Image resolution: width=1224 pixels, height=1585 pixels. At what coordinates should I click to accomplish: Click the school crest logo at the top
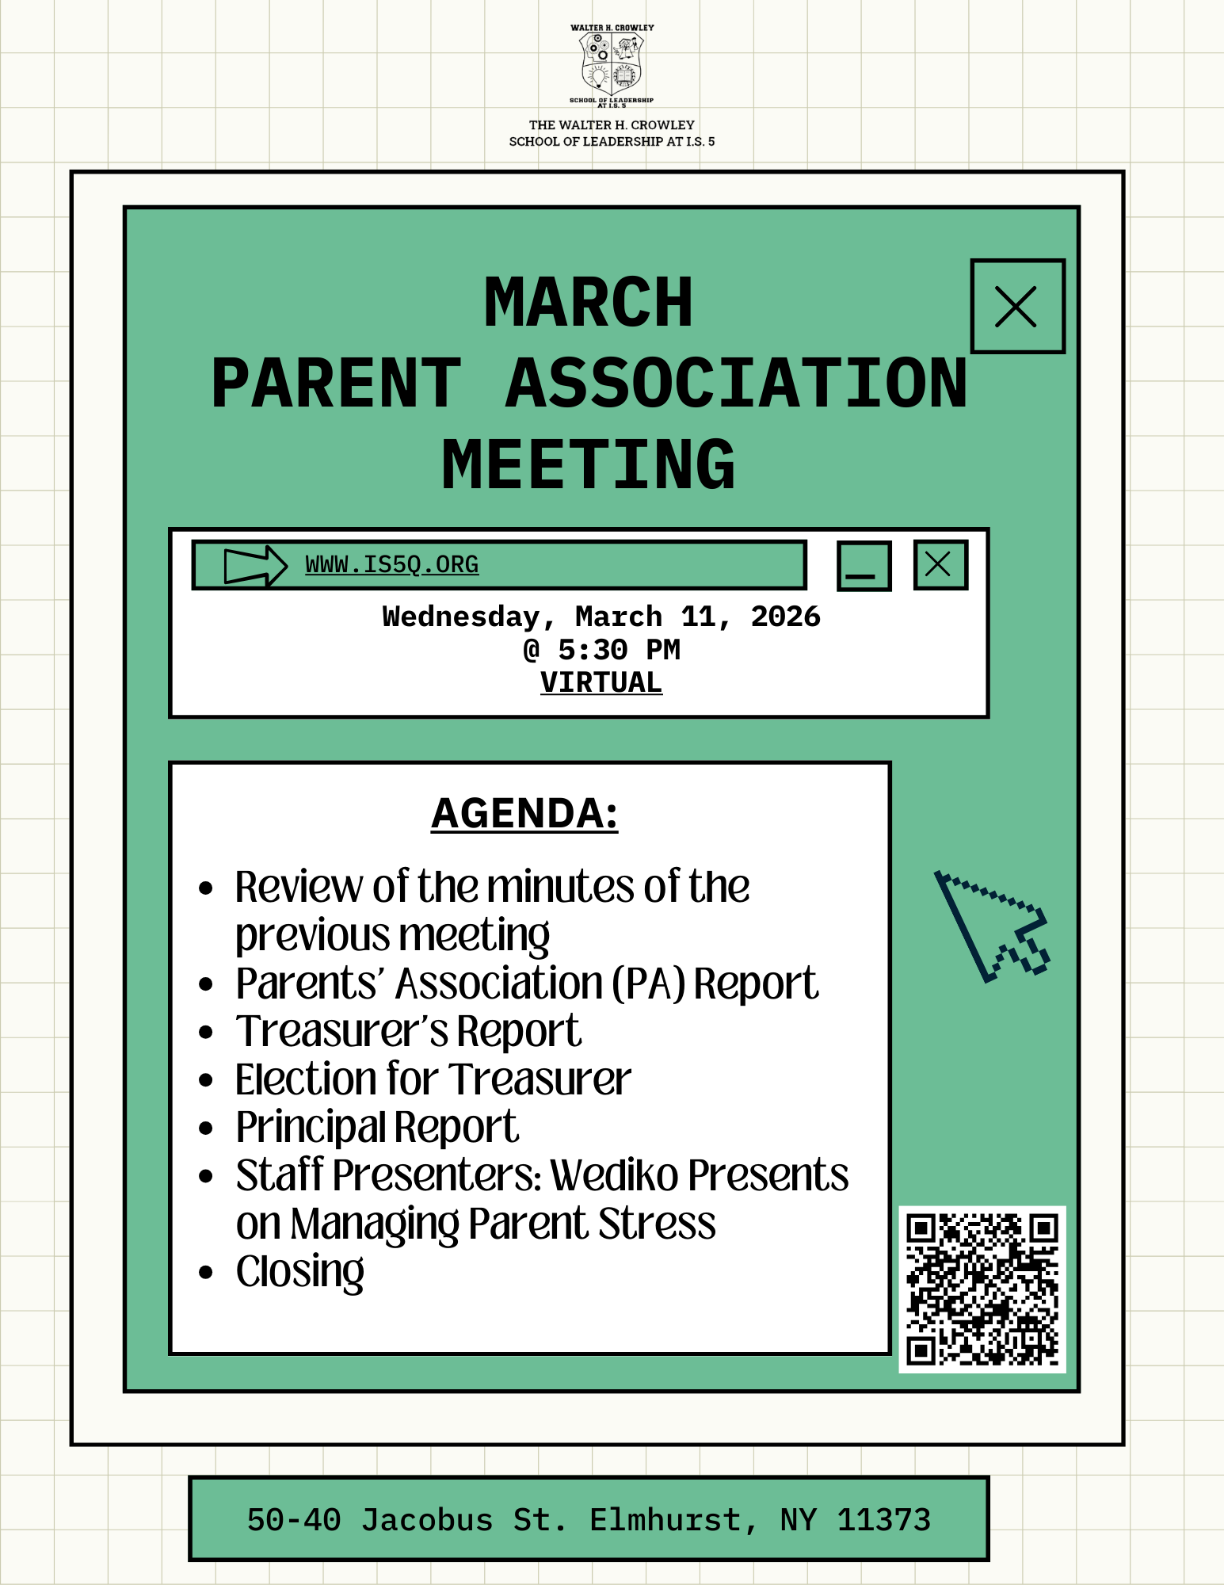coord(612,65)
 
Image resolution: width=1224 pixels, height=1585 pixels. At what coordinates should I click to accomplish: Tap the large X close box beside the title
coord(1016,306)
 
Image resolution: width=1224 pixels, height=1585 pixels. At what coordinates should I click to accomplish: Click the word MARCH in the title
coord(589,303)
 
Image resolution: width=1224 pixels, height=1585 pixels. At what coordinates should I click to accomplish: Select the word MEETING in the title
coord(589,465)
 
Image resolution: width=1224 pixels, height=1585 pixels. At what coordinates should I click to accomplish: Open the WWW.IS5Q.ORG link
coord(391,565)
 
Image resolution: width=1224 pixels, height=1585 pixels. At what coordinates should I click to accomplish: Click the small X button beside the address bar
coord(940,565)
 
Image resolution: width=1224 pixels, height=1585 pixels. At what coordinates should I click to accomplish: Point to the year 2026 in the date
coord(785,617)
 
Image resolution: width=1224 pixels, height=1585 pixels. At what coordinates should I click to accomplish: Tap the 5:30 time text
coord(592,650)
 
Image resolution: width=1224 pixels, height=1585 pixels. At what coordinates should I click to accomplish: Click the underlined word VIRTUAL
coord(601,682)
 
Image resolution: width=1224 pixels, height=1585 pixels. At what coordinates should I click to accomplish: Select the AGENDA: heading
coord(524,813)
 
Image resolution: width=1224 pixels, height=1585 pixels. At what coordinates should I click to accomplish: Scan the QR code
coord(982,1289)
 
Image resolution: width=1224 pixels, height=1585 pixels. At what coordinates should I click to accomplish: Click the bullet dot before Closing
coord(206,1273)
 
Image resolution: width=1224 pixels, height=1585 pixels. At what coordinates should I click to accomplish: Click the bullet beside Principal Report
coord(206,1128)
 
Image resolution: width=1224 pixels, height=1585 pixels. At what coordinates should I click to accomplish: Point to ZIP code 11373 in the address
coord(883,1520)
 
